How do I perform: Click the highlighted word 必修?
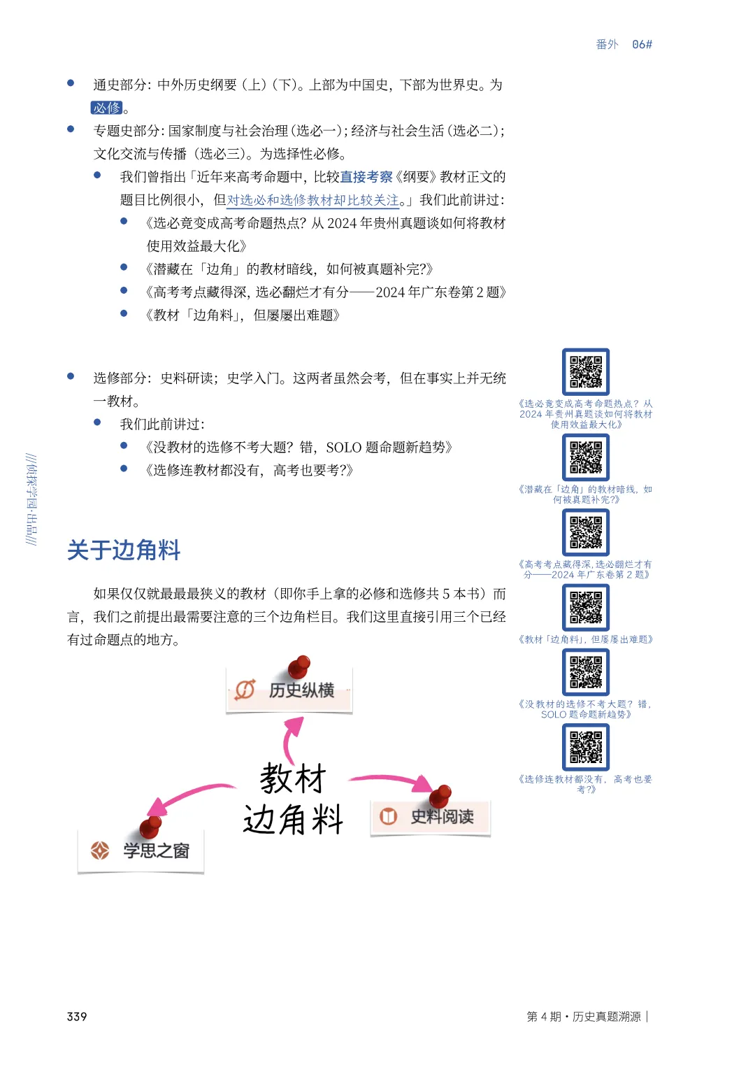[107, 108]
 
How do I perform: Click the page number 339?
[77, 1016]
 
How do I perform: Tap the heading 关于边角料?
[124, 550]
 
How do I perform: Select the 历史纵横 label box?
[289, 690]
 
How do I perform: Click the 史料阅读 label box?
[431, 817]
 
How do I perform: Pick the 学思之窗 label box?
[141, 850]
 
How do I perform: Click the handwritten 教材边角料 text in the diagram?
[293, 799]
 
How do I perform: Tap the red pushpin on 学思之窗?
[150, 827]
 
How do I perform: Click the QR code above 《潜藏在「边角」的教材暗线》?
[586, 457]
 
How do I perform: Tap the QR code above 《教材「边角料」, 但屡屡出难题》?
[586, 607]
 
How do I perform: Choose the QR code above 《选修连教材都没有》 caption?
[586, 747]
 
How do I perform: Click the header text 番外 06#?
[624, 44]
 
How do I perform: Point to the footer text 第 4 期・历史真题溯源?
[584, 1016]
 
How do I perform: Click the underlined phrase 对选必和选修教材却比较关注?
[312, 200]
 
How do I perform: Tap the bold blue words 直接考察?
[366, 177]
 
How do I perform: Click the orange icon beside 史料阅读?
[388, 816]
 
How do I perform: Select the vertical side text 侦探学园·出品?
[31, 499]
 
